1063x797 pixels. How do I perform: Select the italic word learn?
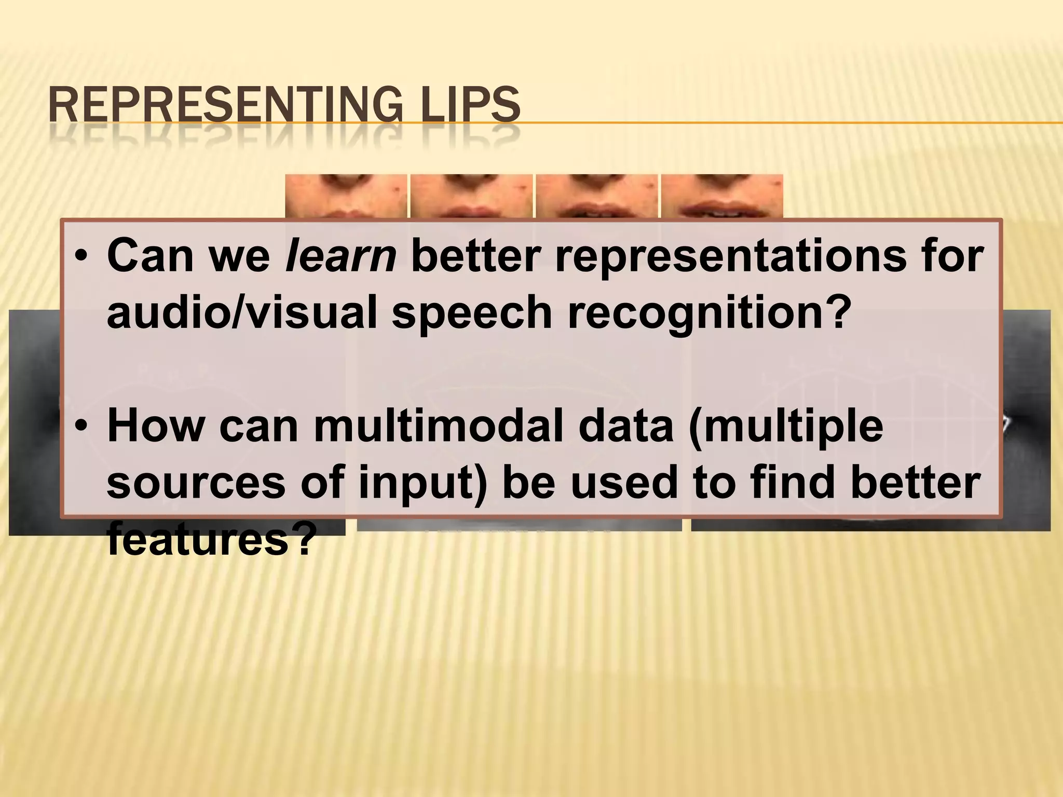click(x=341, y=256)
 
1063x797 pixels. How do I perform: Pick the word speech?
click(x=472, y=314)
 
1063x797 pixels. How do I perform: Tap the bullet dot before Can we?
click(x=81, y=258)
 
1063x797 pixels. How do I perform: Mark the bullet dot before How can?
click(x=81, y=427)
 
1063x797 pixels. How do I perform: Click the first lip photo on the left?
click(x=346, y=196)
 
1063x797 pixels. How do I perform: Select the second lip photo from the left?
click(x=471, y=196)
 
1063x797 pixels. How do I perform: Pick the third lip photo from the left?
click(x=596, y=196)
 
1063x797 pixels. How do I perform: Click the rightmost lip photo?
click(x=721, y=196)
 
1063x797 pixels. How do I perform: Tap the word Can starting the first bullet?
click(x=151, y=256)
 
